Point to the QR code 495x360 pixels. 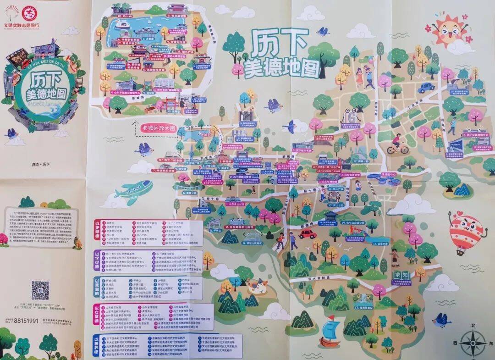point(40,290)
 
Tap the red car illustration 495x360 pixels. point(308,234)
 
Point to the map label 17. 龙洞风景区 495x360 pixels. point(366,307)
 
